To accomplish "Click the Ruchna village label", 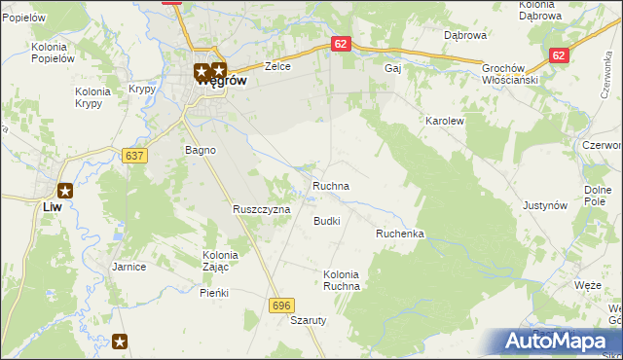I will click(x=331, y=185).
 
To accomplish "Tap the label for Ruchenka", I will click(x=400, y=234).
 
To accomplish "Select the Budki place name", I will click(x=326, y=221).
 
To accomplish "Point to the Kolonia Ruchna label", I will click(x=342, y=280).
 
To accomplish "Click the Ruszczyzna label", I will click(x=261, y=209).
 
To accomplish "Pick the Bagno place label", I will click(x=200, y=150).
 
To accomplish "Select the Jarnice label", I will click(x=128, y=267).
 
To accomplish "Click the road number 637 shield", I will click(x=135, y=156).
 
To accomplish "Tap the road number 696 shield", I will click(x=282, y=306).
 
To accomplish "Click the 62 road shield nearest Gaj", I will click(x=340, y=44).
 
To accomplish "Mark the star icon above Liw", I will click(x=65, y=191).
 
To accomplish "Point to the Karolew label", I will click(x=444, y=121).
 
